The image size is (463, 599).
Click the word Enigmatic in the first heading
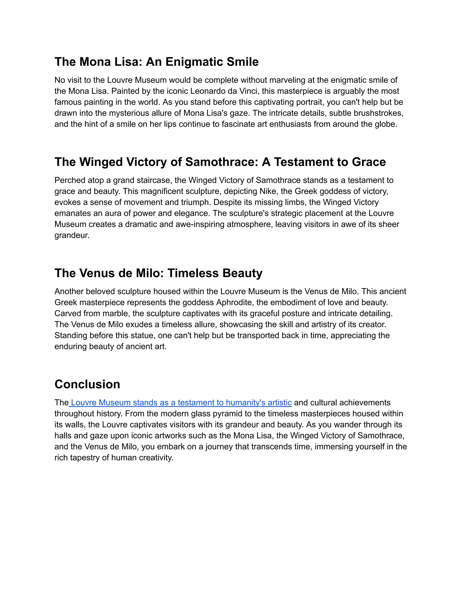click(194, 62)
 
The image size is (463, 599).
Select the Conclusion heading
click(87, 384)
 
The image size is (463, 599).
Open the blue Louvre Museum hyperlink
click(181, 403)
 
